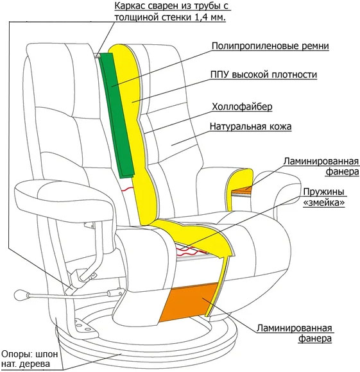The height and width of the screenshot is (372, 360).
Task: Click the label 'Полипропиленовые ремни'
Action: [270, 46]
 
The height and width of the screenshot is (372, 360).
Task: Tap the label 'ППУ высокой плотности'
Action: [263, 74]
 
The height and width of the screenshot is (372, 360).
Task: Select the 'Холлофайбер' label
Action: [242, 106]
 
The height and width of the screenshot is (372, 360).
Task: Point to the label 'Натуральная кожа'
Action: [250, 126]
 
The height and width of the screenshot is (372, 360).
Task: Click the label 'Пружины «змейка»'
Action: [324, 197]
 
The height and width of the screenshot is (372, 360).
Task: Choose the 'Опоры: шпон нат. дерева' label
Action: [30, 359]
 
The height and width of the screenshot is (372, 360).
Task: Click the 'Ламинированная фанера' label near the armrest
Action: [321, 166]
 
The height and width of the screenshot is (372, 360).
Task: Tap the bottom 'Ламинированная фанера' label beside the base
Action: [294, 333]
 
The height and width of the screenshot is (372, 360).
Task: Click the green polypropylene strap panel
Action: [117, 115]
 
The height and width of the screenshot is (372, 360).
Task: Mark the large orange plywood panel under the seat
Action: [189, 302]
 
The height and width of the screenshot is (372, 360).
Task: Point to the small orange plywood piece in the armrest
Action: [241, 190]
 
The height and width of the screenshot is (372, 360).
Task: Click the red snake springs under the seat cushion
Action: [193, 251]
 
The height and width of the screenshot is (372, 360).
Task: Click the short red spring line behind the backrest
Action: [128, 189]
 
